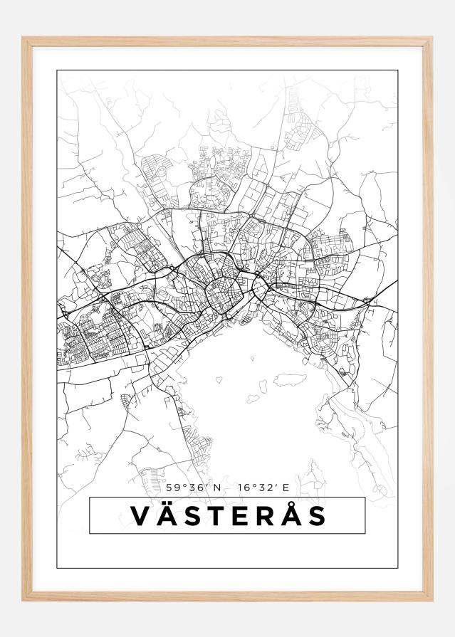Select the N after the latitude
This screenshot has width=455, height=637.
pyautogui.click(x=217, y=488)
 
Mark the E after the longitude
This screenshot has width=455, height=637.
pyautogui.click(x=286, y=488)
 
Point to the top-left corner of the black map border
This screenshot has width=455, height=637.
pyautogui.click(x=57, y=70)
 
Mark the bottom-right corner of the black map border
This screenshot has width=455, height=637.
pyautogui.click(x=397, y=568)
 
